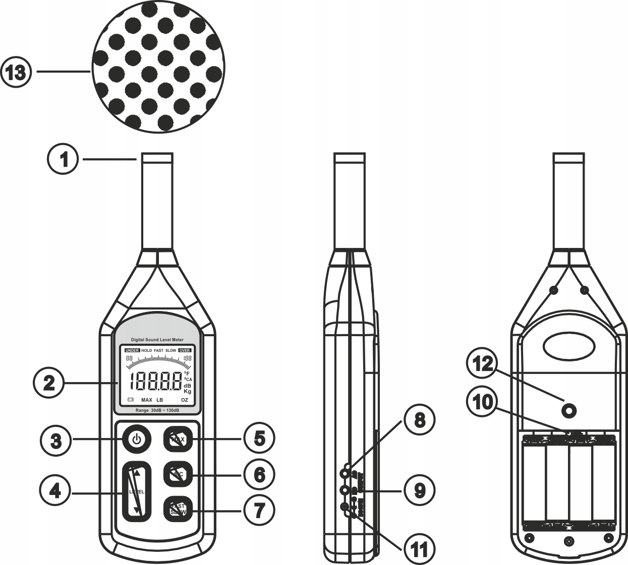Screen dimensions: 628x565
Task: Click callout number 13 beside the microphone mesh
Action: [x=16, y=73]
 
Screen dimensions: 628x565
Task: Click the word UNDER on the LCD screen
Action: [x=132, y=350]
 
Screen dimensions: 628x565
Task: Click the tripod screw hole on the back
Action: [x=569, y=412]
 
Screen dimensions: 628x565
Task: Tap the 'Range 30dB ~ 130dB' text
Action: [x=158, y=410]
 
